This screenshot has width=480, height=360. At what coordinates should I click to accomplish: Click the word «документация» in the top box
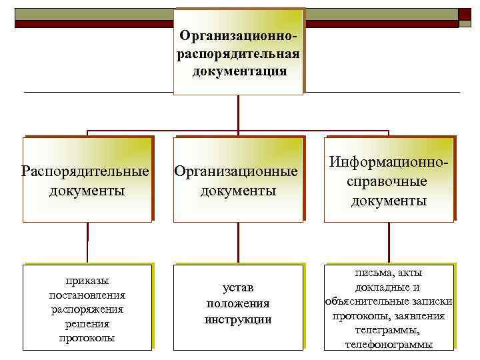239,71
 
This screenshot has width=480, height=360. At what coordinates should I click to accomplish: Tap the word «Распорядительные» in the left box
86,171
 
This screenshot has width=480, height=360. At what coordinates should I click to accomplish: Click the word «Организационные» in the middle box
236,171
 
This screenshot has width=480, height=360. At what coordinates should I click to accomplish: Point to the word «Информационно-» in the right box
389,162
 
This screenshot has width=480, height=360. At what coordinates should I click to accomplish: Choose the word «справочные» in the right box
388,181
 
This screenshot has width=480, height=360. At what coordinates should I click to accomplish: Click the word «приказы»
87,281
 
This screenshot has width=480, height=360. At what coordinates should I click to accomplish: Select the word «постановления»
87,295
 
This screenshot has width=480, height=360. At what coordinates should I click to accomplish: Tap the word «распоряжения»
87,309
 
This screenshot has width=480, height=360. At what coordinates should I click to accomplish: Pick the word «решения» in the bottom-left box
87,324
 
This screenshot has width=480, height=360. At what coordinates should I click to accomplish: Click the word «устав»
238,288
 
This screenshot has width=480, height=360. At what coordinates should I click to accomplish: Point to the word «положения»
238,303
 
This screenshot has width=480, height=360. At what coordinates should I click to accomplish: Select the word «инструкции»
238,319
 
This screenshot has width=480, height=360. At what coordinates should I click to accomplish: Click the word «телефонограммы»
389,345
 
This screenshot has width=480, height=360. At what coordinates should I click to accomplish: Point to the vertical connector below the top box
238,113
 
